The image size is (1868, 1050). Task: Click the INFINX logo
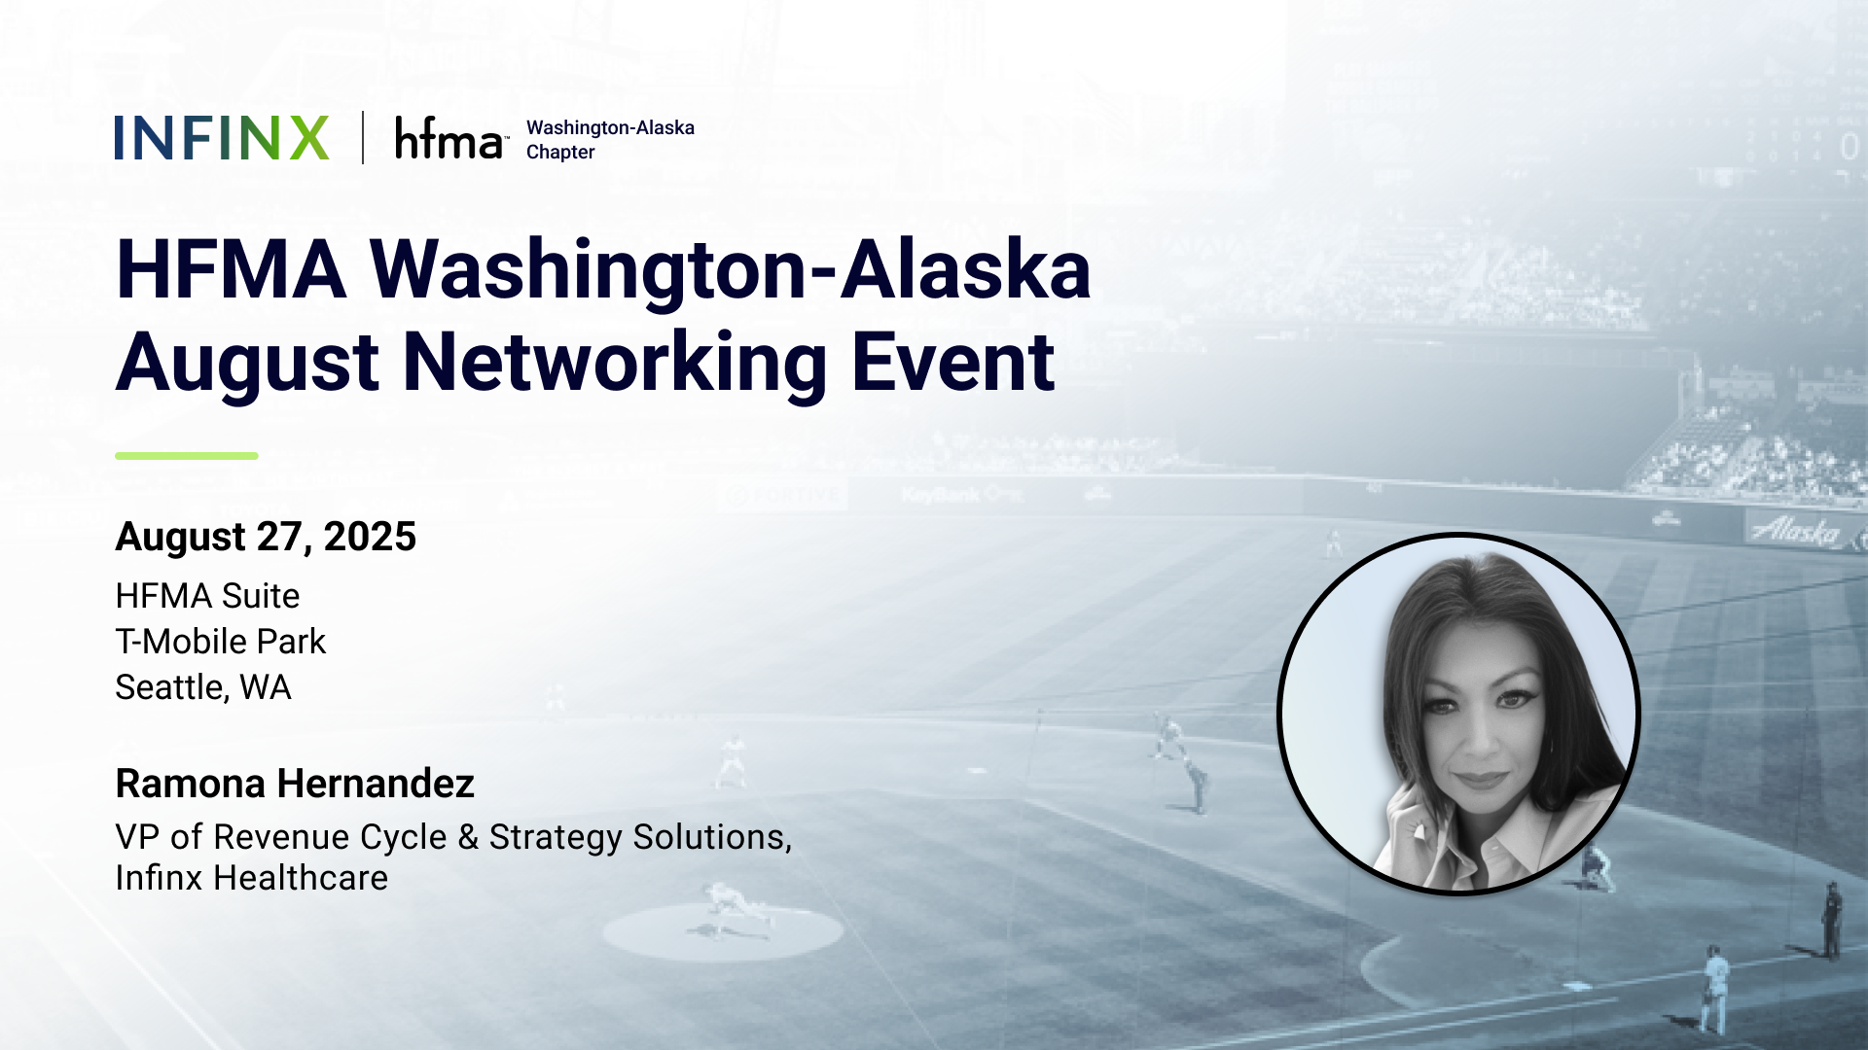point(222,138)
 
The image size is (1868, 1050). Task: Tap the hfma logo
point(451,138)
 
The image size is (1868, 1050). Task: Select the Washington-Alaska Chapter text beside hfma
point(610,140)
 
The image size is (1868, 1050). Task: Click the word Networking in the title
point(615,363)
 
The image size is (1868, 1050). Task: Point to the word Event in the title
point(953,363)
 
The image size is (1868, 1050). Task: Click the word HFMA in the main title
point(232,269)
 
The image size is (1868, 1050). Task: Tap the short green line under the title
point(187,456)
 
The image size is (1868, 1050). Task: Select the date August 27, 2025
point(266,537)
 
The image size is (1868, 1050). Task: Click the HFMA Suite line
point(207,596)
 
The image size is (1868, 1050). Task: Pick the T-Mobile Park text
point(221,642)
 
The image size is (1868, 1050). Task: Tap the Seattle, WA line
point(203,687)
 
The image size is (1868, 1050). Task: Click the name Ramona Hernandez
point(295,784)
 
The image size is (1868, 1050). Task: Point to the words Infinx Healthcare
point(252,878)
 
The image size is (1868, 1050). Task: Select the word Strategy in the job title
point(556,838)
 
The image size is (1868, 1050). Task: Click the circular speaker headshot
point(1458,714)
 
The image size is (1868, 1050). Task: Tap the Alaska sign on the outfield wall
point(1795,531)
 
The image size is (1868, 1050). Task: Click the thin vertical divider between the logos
point(363,138)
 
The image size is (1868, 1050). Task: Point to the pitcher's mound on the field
point(722,930)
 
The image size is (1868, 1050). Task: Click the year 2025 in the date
point(370,537)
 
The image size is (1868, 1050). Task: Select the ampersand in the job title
point(468,837)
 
